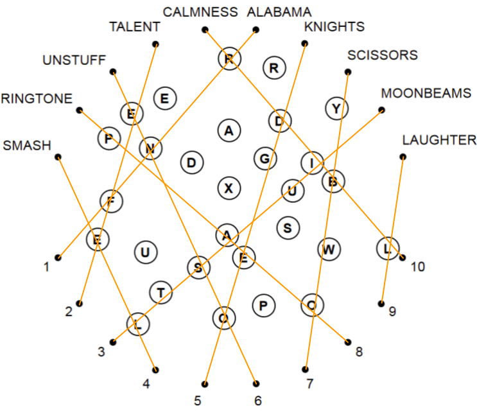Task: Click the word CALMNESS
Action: pos(200,12)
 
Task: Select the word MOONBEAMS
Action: pos(426,93)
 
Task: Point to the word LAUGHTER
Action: pos(439,139)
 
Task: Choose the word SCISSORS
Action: pos(382,55)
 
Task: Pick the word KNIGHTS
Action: pos(334,27)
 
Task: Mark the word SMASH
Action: pos(27,145)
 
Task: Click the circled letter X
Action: pos(229,188)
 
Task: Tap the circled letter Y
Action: pos(336,109)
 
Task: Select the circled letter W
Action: pos(329,249)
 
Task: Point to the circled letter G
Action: pos(265,158)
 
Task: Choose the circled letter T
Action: pos(160,293)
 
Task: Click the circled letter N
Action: pos(151,148)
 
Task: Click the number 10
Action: pos(418,266)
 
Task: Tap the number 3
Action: pos(101,351)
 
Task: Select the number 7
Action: pos(309,384)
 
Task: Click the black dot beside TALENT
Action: pos(155,44)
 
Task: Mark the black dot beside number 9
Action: pos(381,303)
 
